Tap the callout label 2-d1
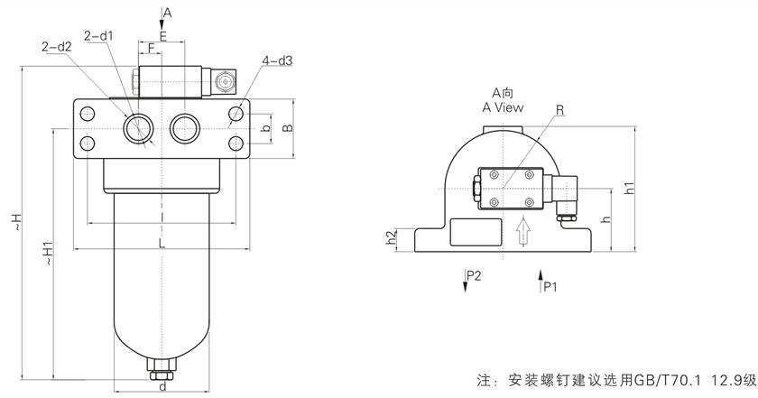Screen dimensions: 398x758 (97, 36)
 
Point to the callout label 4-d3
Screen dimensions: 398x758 (277, 60)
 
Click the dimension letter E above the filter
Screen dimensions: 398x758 (162, 35)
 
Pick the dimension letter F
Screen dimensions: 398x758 (151, 48)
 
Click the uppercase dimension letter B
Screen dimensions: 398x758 (287, 128)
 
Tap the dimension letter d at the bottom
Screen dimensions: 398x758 (161, 388)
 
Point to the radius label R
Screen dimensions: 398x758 (559, 110)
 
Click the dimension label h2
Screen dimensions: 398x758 (391, 238)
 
